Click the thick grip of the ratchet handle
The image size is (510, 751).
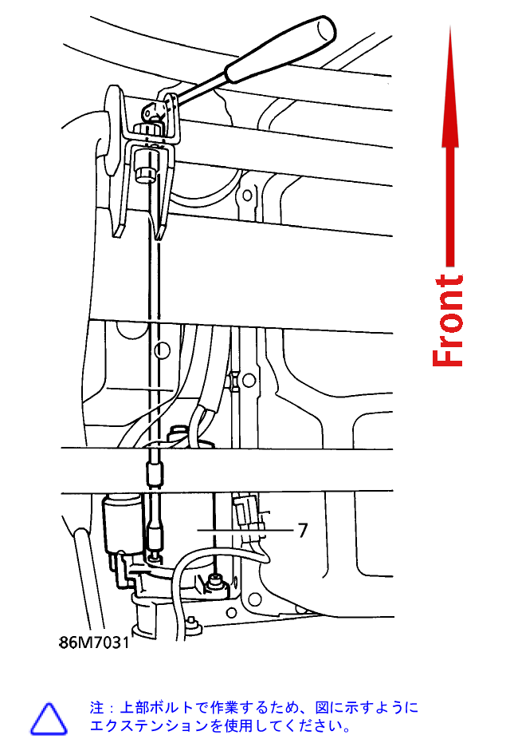(280, 49)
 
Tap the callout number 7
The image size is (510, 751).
(302, 530)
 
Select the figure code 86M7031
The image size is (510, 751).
(94, 642)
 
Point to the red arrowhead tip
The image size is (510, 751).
(450, 26)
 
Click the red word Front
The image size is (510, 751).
(448, 320)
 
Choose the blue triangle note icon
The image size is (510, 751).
(49, 718)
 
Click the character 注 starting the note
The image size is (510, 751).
(96, 707)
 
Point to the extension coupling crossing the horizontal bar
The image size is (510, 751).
(154, 472)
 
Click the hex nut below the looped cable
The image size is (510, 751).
(214, 583)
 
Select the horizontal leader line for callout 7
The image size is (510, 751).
(245, 530)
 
